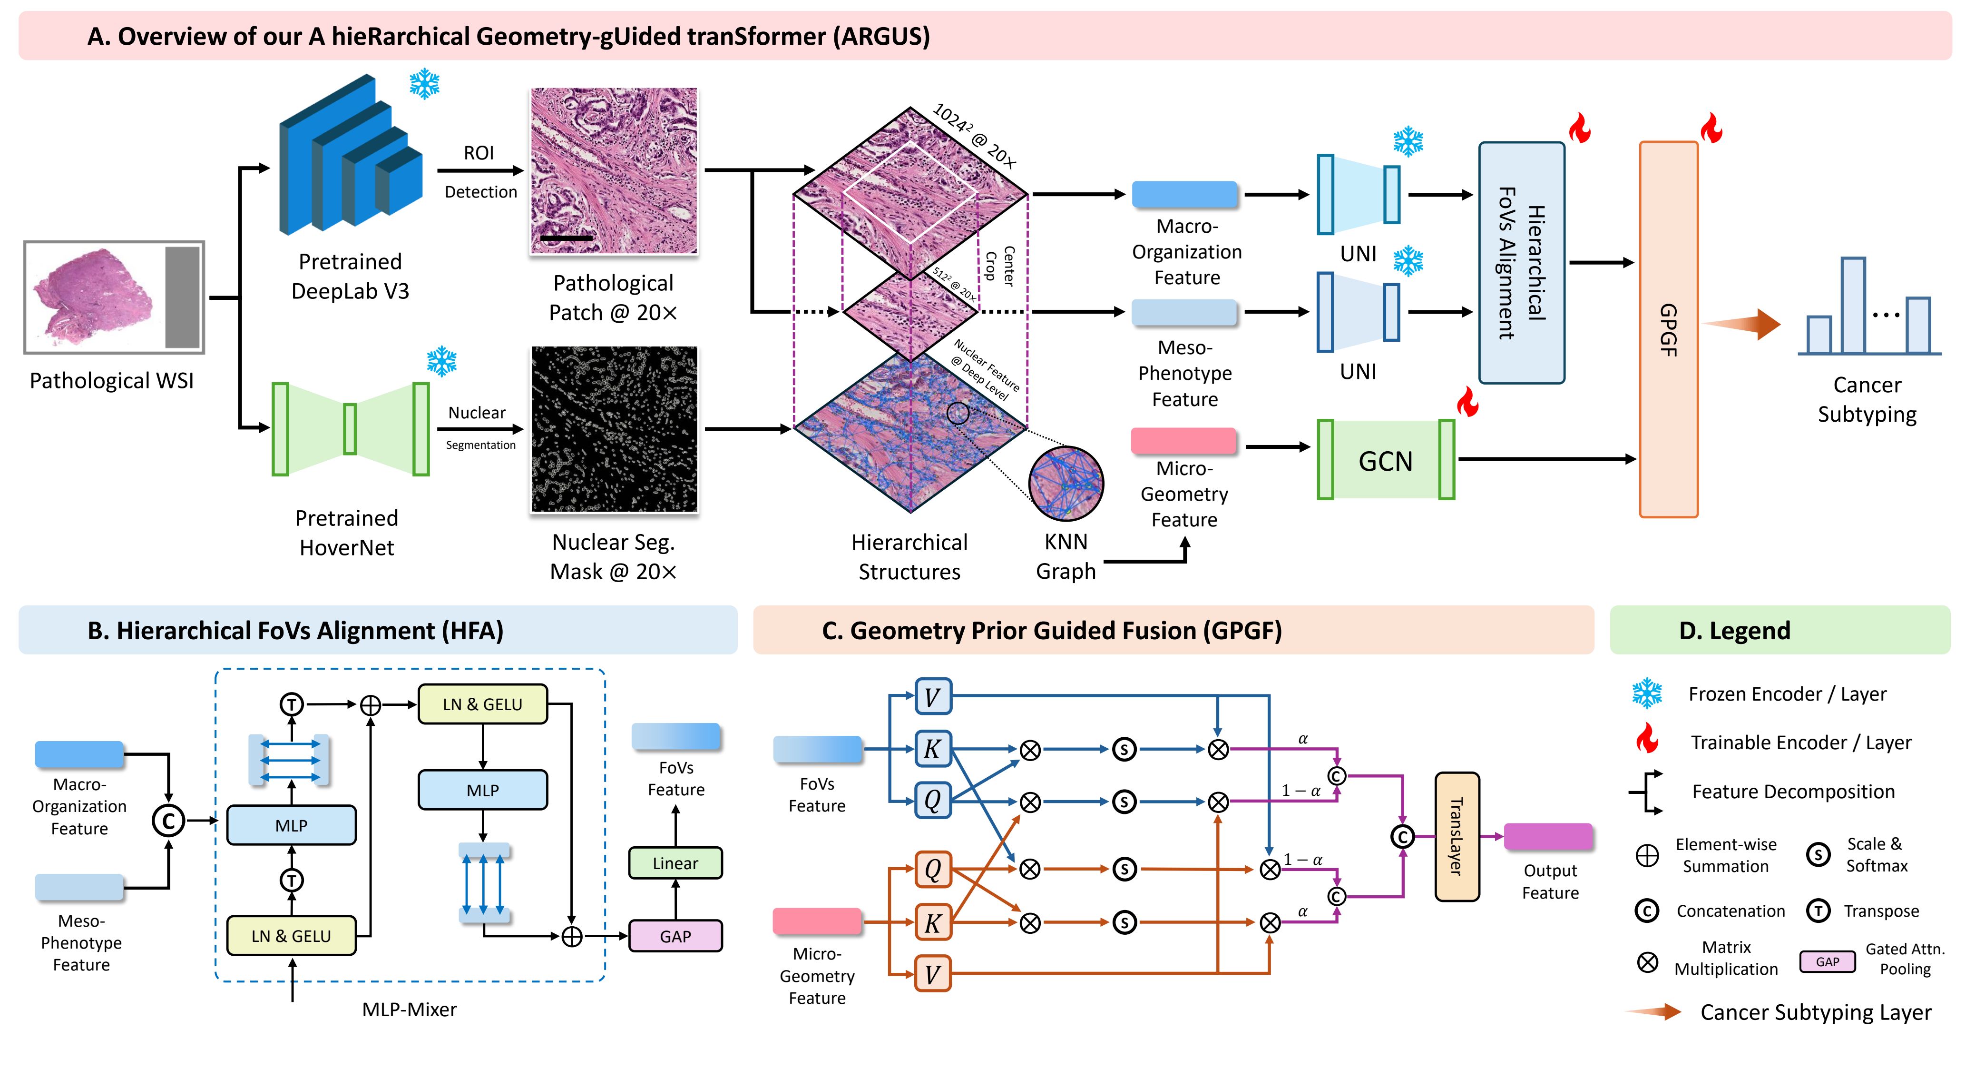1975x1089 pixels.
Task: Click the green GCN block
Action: click(x=1386, y=460)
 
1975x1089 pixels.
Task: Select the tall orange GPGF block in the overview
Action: click(x=1668, y=330)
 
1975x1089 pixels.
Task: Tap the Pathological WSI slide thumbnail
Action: click(x=114, y=297)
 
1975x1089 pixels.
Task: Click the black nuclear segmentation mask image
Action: click(x=614, y=429)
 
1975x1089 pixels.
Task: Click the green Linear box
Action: click(x=675, y=863)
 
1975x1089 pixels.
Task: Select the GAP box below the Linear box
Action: click(x=675, y=936)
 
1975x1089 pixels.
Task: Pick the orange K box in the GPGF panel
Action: click(x=933, y=922)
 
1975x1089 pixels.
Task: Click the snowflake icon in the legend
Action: click(x=1647, y=693)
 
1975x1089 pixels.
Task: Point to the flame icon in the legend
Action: click(x=1647, y=740)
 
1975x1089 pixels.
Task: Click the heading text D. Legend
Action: click(x=1734, y=630)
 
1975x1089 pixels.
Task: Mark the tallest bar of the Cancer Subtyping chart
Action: click(x=1853, y=305)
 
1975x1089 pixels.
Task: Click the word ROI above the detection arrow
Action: click(x=479, y=153)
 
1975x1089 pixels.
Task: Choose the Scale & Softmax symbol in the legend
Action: click(x=1818, y=854)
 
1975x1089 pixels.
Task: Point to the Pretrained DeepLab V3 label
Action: click(x=351, y=276)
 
